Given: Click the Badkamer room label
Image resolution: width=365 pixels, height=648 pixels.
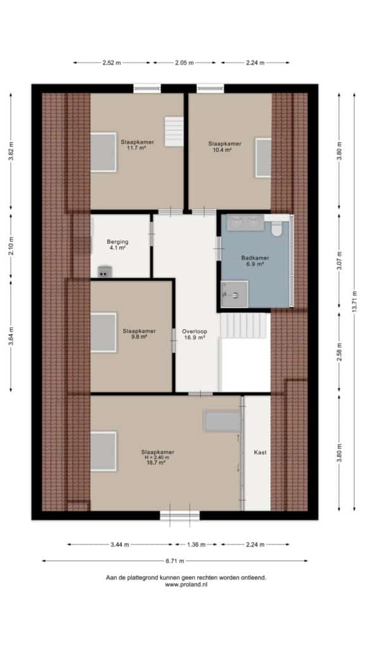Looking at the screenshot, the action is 255,260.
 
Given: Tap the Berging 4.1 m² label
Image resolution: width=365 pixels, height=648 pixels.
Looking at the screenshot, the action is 117,245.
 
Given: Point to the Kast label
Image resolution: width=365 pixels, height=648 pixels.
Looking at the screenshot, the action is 260,452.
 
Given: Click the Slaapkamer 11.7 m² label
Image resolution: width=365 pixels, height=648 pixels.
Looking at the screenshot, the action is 138,145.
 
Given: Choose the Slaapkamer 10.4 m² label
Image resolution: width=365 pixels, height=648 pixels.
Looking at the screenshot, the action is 225,147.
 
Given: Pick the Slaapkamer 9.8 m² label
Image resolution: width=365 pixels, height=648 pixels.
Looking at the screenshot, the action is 139,333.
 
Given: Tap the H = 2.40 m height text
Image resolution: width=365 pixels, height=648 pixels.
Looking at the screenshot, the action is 157,458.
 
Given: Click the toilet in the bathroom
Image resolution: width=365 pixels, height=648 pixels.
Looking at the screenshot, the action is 277,228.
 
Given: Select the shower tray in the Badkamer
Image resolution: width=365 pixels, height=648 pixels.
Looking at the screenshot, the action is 234,294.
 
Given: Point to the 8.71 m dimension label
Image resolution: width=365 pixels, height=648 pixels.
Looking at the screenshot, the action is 175,561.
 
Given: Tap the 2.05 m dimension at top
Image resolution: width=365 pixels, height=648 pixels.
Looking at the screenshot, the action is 184,63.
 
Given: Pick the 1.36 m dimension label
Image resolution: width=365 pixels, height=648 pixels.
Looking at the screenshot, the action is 196,545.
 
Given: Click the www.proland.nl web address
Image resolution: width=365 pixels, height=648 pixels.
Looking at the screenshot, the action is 186,585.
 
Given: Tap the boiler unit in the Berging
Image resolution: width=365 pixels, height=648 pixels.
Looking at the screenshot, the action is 105,271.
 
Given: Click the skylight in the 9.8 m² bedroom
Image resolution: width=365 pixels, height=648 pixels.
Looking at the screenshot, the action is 103,332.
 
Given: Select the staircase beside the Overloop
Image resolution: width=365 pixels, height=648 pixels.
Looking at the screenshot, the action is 244,326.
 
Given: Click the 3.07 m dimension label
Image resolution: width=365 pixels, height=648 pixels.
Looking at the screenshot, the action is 339,260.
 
